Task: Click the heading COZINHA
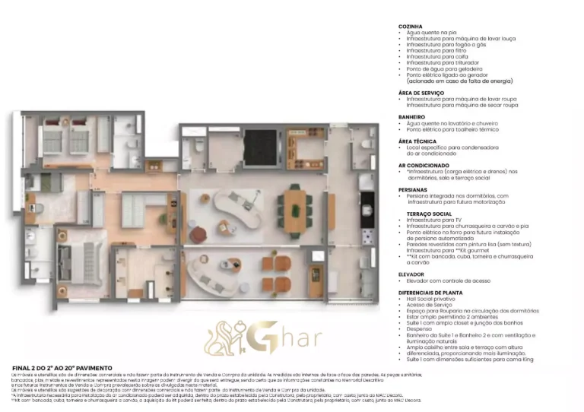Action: (x=411, y=27)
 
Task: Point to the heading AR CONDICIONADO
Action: (x=424, y=165)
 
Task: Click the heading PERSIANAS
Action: (x=413, y=189)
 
